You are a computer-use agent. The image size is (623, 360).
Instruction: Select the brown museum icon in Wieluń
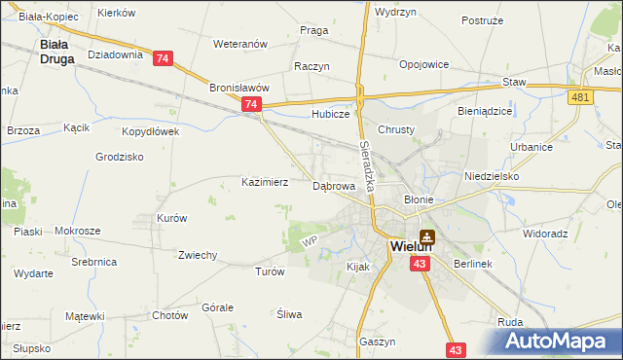point(426,236)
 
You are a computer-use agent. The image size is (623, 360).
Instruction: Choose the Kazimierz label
point(265,182)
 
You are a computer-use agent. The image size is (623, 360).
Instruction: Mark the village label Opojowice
point(423,64)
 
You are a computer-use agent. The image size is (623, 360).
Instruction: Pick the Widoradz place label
point(545,234)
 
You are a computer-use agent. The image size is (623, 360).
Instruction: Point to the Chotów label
point(169,315)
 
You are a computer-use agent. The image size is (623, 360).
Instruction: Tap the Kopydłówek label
point(151,131)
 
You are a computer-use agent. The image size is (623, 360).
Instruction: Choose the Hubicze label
point(330,114)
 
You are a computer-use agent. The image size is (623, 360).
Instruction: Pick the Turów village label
point(269,272)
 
